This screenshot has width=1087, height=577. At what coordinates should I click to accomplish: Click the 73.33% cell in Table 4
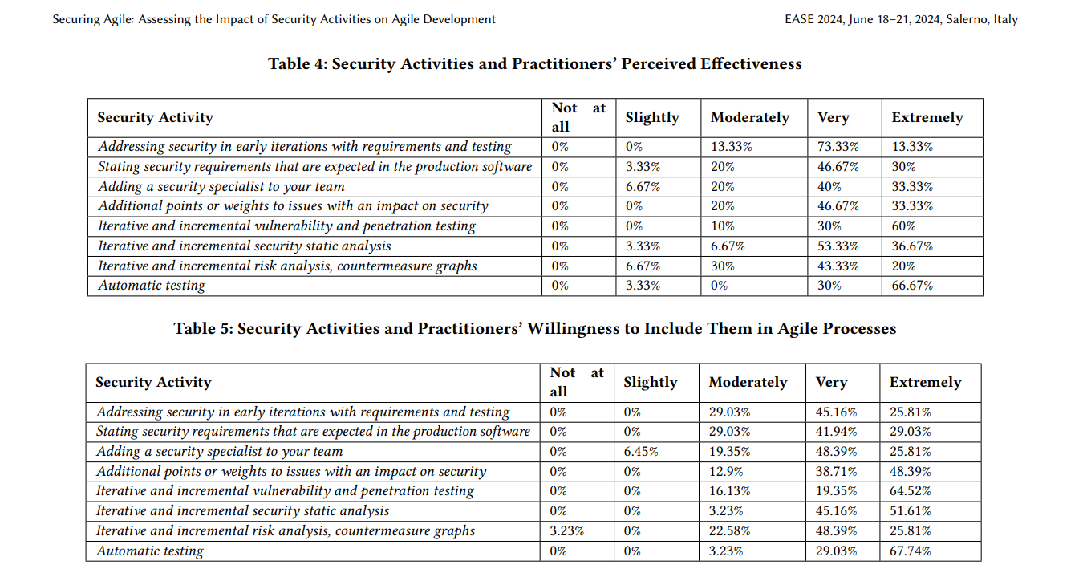click(838, 147)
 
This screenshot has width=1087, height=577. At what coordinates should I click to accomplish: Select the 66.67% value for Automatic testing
click(912, 286)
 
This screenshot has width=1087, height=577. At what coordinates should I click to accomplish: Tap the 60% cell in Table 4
click(903, 226)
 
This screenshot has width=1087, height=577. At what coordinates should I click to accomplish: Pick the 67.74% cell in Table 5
click(910, 551)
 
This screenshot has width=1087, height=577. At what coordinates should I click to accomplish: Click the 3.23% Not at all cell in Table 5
click(566, 531)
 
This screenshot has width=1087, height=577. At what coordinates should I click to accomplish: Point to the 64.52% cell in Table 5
click(910, 490)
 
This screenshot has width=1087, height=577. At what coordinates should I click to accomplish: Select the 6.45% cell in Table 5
click(640, 451)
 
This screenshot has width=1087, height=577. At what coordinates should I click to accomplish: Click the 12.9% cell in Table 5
click(725, 471)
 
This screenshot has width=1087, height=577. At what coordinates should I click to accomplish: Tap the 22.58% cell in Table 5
click(729, 531)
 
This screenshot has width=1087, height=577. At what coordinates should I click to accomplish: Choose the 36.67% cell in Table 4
click(912, 246)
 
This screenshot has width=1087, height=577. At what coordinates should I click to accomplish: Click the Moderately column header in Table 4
click(750, 117)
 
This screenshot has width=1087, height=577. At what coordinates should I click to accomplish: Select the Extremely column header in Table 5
click(925, 383)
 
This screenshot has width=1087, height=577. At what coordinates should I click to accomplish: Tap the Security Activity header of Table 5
click(153, 383)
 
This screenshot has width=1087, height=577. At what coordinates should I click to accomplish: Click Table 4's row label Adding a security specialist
click(221, 186)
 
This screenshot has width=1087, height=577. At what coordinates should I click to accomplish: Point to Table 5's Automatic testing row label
click(149, 551)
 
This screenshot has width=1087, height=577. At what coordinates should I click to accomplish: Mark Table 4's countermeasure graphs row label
click(287, 266)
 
